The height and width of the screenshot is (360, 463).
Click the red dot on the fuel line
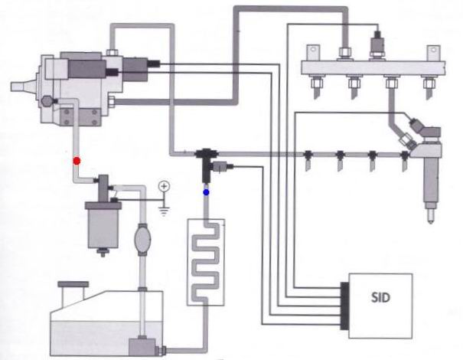(76, 161)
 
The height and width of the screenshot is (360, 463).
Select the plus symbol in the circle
(164, 186)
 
